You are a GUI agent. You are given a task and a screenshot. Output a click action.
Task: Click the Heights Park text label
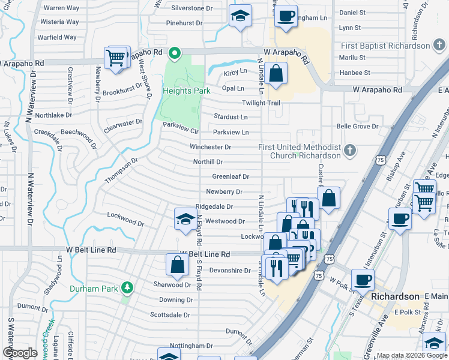click(186, 90)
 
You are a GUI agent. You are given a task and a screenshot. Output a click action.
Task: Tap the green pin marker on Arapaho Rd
click(175, 54)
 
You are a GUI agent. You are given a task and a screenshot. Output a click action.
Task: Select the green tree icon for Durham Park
click(127, 287)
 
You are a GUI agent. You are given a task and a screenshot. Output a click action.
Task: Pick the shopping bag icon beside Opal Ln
click(277, 75)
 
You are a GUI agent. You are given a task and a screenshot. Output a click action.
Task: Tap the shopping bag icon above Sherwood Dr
click(178, 264)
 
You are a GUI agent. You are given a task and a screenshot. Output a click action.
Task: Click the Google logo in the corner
click(20, 352)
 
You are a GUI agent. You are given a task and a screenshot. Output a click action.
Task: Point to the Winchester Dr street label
click(211, 147)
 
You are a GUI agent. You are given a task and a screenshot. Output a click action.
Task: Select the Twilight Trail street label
click(261, 103)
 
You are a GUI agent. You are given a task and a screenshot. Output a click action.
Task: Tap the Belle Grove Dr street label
click(357, 127)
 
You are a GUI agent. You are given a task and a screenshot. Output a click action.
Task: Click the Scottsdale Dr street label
click(170, 314)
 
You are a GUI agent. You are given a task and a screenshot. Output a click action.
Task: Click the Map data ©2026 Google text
click(412, 355)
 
